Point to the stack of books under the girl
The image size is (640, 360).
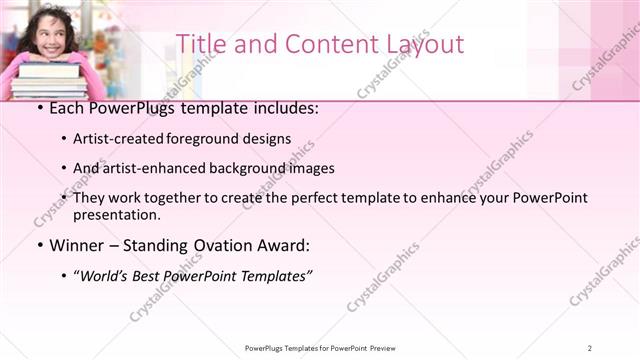pyautogui.click(x=48, y=80)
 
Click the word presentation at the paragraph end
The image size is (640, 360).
pyautogui.click(x=115, y=214)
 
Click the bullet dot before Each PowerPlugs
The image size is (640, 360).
pyautogui.click(x=39, y=108)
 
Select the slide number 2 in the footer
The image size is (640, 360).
pyautogui.click(x=590, y=348)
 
